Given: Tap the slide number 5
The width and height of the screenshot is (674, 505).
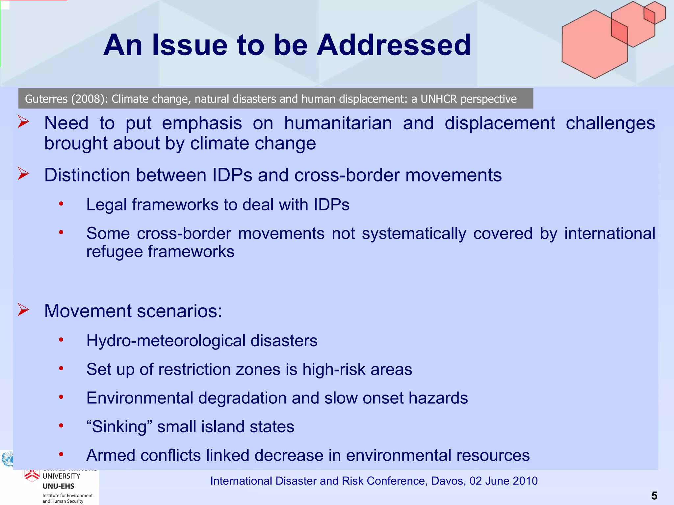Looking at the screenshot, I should pos(654,495).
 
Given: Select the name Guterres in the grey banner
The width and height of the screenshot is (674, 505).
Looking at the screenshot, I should pos(46,99).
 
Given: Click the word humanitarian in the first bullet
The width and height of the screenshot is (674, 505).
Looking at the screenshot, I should pos(338,123).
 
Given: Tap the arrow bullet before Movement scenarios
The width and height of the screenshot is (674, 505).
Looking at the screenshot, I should pos(23,310).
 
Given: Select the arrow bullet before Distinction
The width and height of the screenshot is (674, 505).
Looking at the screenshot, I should pos(23,174).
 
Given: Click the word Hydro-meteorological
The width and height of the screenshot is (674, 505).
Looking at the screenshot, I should pos(166,341).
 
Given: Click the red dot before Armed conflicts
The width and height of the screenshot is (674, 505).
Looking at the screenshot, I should pos(61,454).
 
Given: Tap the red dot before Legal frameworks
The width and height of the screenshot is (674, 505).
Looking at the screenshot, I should pos(61,204).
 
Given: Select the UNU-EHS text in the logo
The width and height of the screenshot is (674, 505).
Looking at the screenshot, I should pos(58,486).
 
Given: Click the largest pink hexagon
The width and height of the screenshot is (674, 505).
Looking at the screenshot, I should pos(594,44).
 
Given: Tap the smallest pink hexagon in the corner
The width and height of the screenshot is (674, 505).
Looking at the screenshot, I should pos(655,12).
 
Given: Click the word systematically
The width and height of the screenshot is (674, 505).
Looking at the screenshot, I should pos(414,234).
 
